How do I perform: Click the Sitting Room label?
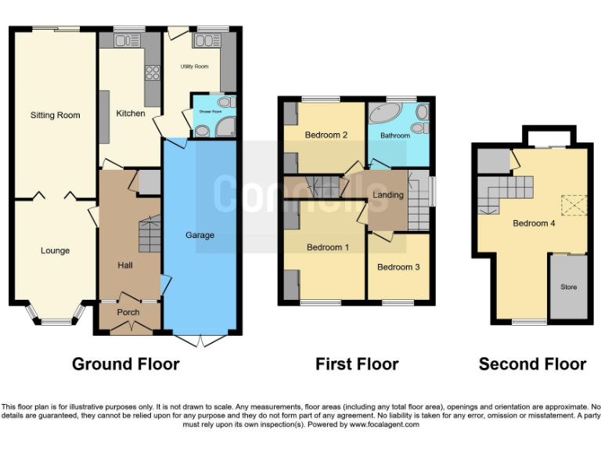55,115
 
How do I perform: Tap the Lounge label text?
55,251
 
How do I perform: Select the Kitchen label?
131,114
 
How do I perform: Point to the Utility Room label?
194,67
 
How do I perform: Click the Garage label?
200,235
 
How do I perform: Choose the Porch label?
128,312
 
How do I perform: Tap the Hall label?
125,265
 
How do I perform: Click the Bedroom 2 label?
326,135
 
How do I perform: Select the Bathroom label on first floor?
395,135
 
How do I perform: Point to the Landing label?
388,195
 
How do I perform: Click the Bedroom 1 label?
327,247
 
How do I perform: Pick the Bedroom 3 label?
398,267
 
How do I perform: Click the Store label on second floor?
568,287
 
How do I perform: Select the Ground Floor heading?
125,364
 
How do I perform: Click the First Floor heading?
357,364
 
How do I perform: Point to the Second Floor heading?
532,364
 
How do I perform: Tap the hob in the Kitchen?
152,74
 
